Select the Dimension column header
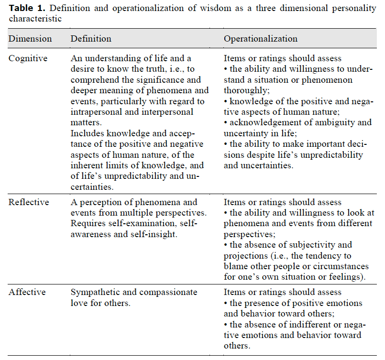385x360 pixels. coord(30,39)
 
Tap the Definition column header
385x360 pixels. coord(91,39)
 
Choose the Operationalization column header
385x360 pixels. coord(261,39)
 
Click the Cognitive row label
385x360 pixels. coord(28,58)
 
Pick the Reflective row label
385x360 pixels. coord(29,202)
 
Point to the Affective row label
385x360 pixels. coord(28,292)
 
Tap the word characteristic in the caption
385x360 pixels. coord(35,19)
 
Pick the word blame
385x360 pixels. coord(234,266)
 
